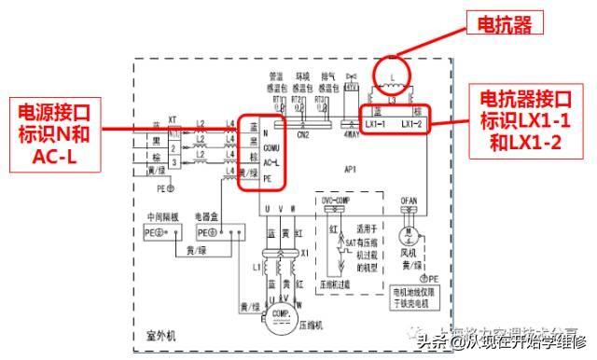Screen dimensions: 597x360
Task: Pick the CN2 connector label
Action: [x=303, y=134]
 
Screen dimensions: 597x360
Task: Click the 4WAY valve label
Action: [x=353, y=134]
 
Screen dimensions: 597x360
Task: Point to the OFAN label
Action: [x=409, y=199]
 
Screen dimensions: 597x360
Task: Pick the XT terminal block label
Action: [x=172, y=120]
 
